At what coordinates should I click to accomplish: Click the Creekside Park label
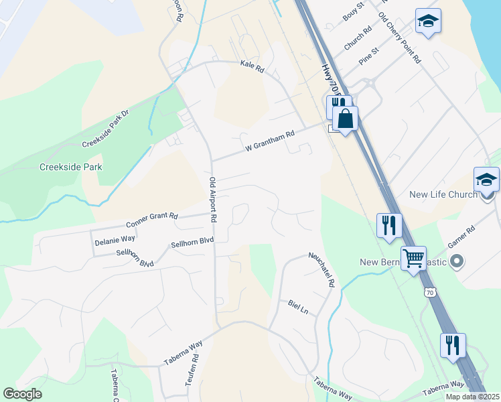coord(70,167)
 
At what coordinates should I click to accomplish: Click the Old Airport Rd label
coord(212,200)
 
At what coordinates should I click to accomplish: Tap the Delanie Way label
coord(115,238)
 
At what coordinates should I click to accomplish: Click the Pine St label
coord(369,56)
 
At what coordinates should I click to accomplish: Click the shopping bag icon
coord(345,119)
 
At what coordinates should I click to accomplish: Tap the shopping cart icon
coord(413,257)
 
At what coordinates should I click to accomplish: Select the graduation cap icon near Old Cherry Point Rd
coord(427,21)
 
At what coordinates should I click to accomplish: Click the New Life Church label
coord(443,194)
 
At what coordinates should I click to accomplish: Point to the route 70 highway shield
coord(429,293)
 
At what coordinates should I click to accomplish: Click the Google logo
coord(23,394)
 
